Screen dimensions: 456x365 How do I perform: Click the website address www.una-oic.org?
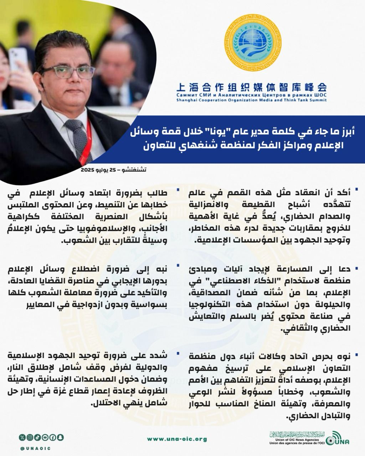coord(177,439)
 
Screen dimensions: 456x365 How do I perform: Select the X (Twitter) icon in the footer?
coord(22,437)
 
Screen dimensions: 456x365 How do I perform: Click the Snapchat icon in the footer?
coord(61,437)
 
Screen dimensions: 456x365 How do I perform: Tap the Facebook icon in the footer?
coord(53,437)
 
